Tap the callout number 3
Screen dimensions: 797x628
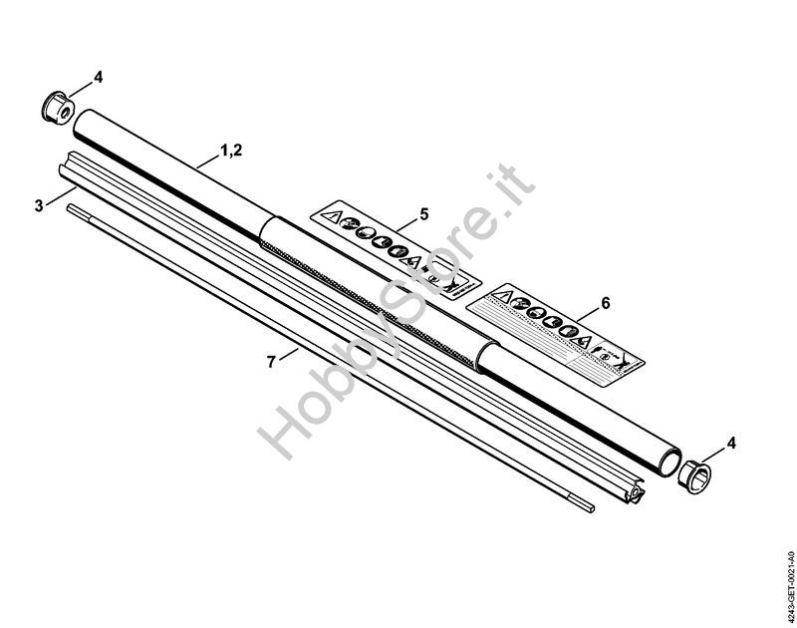point(39,205)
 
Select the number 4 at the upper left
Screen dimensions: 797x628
point(98,76)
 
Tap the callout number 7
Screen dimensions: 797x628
point(271,361)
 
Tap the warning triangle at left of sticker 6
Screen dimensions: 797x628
point(507,296)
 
